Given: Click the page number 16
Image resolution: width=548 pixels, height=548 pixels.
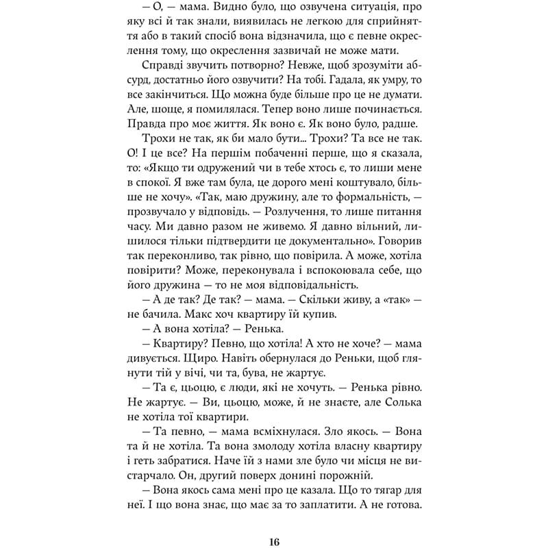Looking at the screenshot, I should (x=274, y=523).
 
